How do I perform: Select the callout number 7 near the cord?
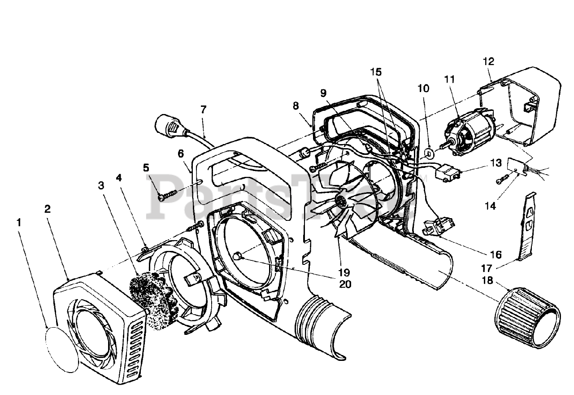pos(203,109)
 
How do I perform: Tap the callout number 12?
pos(488,61)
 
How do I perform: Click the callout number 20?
pos(345,284)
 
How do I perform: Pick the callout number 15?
pos(376,71)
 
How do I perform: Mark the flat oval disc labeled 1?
pos(61,347)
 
